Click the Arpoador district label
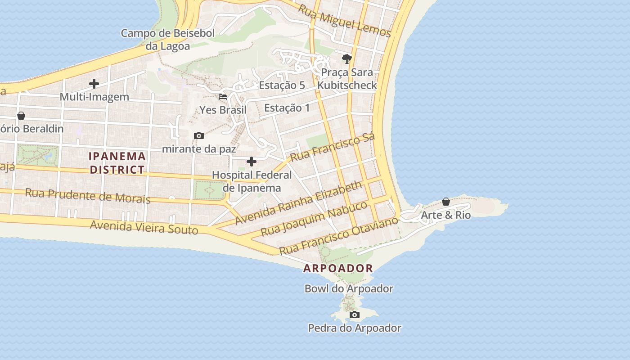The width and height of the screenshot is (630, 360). (338, 268)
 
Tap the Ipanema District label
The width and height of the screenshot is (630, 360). (117, 163)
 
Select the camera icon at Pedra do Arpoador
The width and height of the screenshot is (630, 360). (355, 315)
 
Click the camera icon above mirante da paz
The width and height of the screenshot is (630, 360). (198, 135)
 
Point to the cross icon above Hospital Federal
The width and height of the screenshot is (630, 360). (252, 161)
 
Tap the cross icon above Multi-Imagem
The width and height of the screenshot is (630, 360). (94, 83)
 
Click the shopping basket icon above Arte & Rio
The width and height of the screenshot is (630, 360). (445, 202)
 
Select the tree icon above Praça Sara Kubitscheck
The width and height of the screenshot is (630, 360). (346, 58)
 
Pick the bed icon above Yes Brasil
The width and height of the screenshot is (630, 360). (223, 96)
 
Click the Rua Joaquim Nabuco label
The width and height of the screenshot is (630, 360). (314, 219)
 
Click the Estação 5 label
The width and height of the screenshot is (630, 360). (282, 85)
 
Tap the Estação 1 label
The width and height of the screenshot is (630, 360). (287, 108)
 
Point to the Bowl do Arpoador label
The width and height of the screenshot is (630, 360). (349, 288)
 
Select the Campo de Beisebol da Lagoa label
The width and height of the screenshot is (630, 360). (168, 39)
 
